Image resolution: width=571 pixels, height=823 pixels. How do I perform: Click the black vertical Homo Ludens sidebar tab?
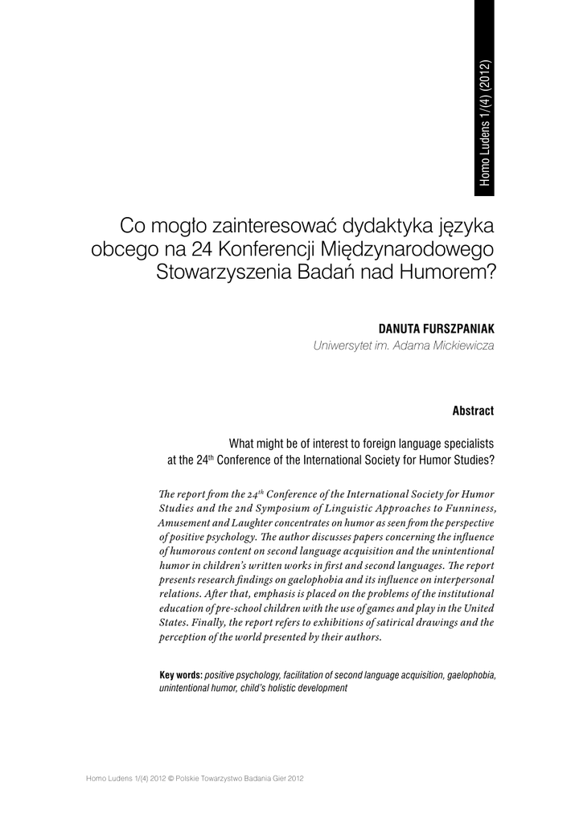(x=485, y=96)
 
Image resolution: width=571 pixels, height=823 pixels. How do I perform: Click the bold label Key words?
(x=181, y=675)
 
